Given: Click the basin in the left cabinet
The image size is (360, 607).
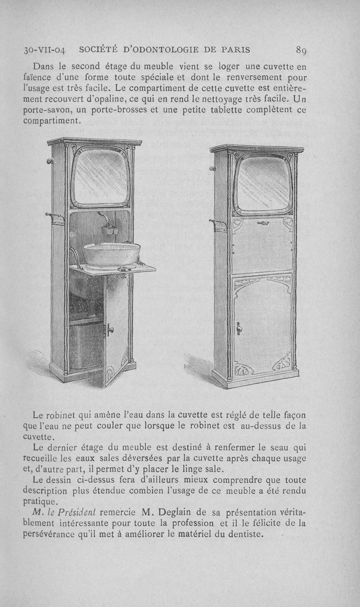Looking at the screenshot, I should (111, 254).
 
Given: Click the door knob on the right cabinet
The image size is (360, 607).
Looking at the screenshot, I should (238, 327).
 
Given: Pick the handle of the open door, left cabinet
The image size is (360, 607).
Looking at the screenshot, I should (108, 331).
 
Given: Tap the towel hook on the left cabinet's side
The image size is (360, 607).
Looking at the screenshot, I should (55, 219).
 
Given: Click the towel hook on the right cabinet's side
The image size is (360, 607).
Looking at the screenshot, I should (218, 225).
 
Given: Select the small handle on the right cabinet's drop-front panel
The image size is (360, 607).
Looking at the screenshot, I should (263, 222).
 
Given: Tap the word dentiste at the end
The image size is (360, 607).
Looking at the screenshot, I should (245, 535).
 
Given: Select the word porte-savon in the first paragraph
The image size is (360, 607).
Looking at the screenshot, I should (45, 110).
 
